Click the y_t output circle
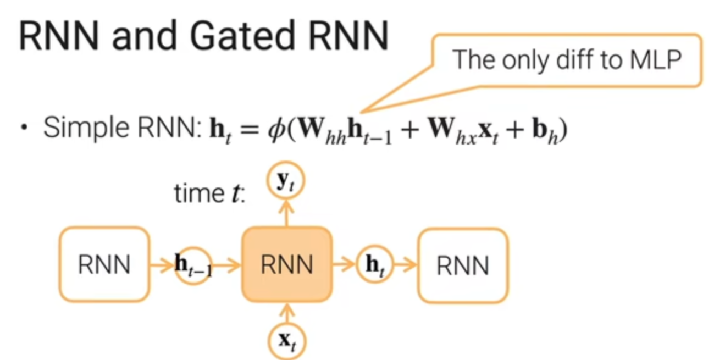pyautogui.click(x=285, y=182)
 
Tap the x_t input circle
pyautogui.click(x=286, y=340)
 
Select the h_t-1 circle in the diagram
pyautogui.click(x=193, y=265)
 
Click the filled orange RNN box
pyautogui.click(x=286, y=265)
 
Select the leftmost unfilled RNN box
pyautogui.click(x=104, y=265)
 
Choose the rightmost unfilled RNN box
pyautogui.click(x=462, y=265)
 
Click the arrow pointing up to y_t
pyautogui.click(x=286, y=212)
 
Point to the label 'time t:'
pyautogui.click(x=209, y=193)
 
